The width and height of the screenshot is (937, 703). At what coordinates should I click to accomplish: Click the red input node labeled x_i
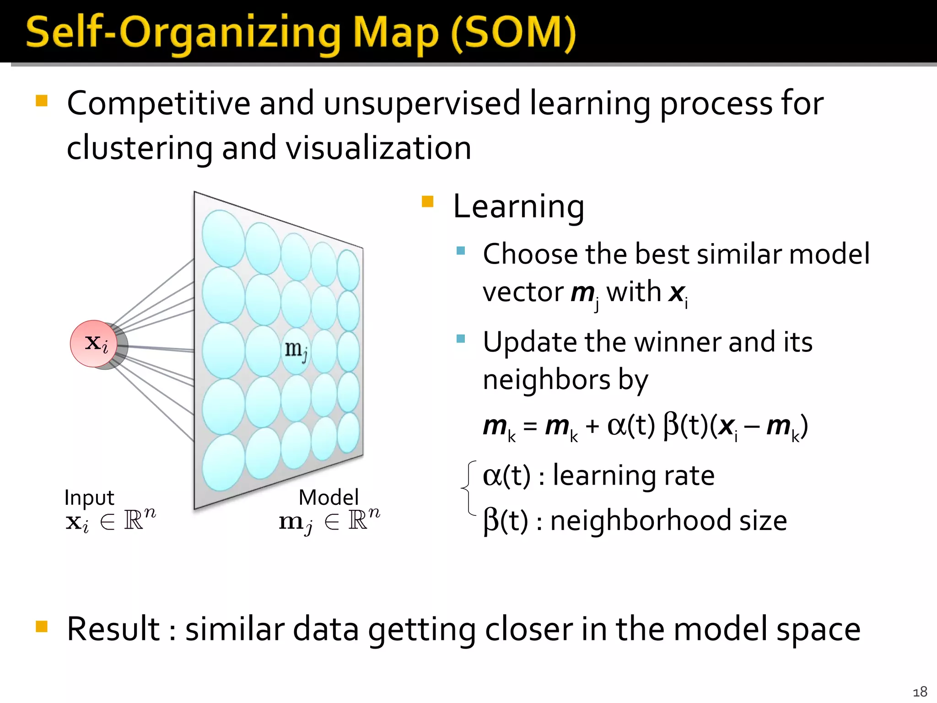pos(94,343)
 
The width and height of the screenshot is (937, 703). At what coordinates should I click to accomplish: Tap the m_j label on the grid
pos(296,350)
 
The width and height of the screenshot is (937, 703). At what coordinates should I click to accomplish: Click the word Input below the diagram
pos(89,498)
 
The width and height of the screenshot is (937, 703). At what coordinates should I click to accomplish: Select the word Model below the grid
pos(328,498)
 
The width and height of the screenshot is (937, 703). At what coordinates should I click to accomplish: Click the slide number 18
pos(920,692)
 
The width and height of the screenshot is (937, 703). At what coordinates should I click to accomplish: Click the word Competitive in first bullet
pos(158,104)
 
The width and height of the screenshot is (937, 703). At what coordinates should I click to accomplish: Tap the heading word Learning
pos(518,207)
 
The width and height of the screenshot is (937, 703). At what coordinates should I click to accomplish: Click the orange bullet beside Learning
pos(427,202)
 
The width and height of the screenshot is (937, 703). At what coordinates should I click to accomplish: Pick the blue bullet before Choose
pos(461,250)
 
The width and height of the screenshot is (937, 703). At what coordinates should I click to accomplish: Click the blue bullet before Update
pos(461,339)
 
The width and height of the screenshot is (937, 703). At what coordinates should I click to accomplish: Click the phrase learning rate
pos(633,476)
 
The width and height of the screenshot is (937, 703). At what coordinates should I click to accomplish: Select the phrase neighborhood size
pos(668,521)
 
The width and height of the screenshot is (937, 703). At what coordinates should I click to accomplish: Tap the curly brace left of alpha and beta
pos(468,488)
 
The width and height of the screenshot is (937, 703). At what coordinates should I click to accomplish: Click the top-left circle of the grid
pos(223,238)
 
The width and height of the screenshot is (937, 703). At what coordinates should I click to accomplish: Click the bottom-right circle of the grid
pos(348,433)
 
